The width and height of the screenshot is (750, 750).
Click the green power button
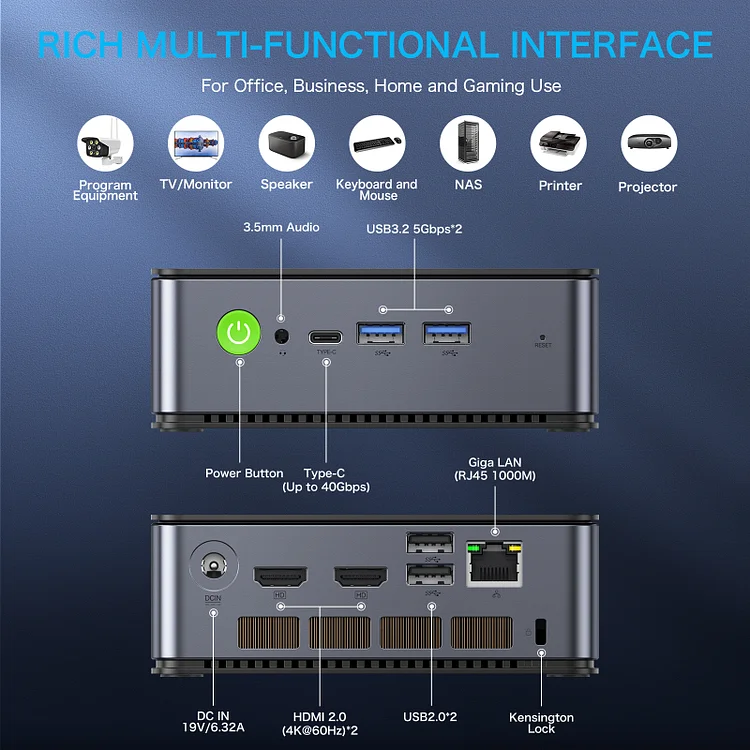point(238,333)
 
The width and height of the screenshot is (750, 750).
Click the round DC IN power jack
point(213,568)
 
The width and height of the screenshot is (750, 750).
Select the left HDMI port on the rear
point(280,577)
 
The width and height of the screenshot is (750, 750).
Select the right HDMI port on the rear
point(360,577)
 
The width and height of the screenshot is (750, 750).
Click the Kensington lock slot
point(542,631)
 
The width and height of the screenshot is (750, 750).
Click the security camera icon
point(105,145)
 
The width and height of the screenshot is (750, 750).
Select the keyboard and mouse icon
point(377,145)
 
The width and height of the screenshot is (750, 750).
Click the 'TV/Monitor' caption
point(196,185)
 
